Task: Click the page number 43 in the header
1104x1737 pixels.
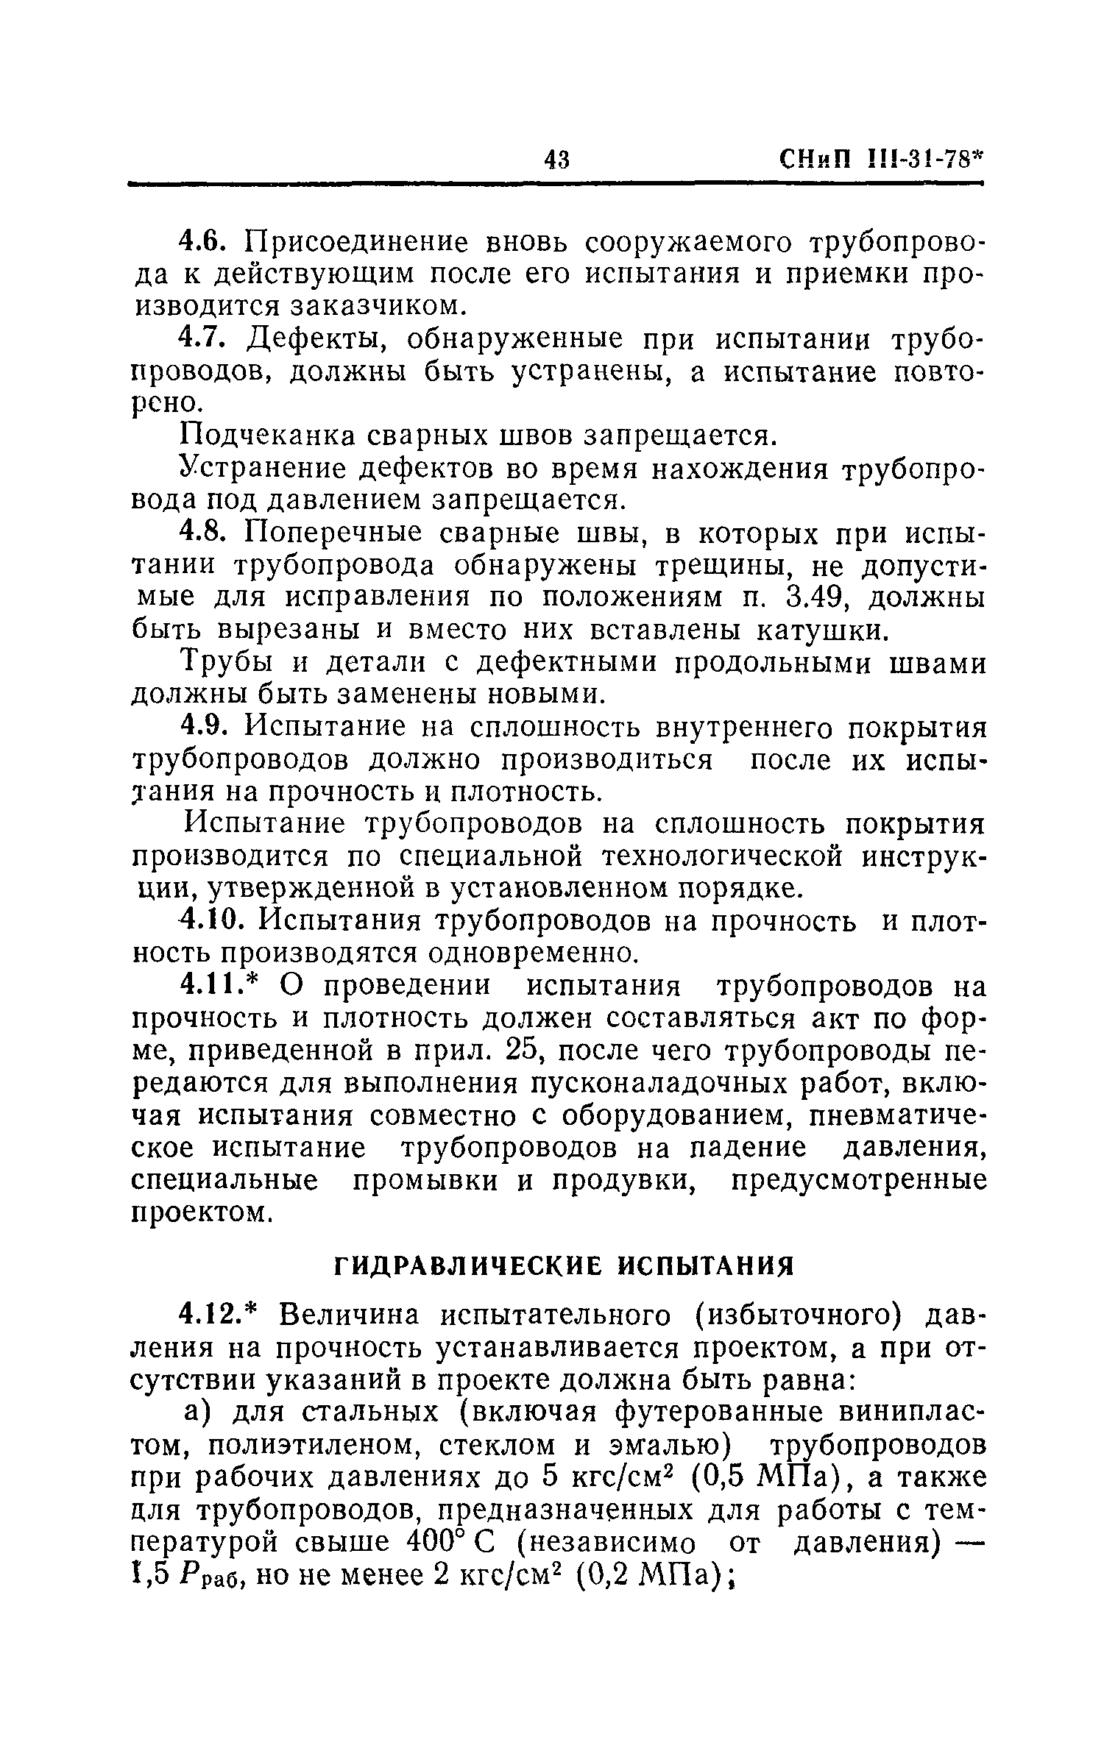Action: [x=557, y=159]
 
